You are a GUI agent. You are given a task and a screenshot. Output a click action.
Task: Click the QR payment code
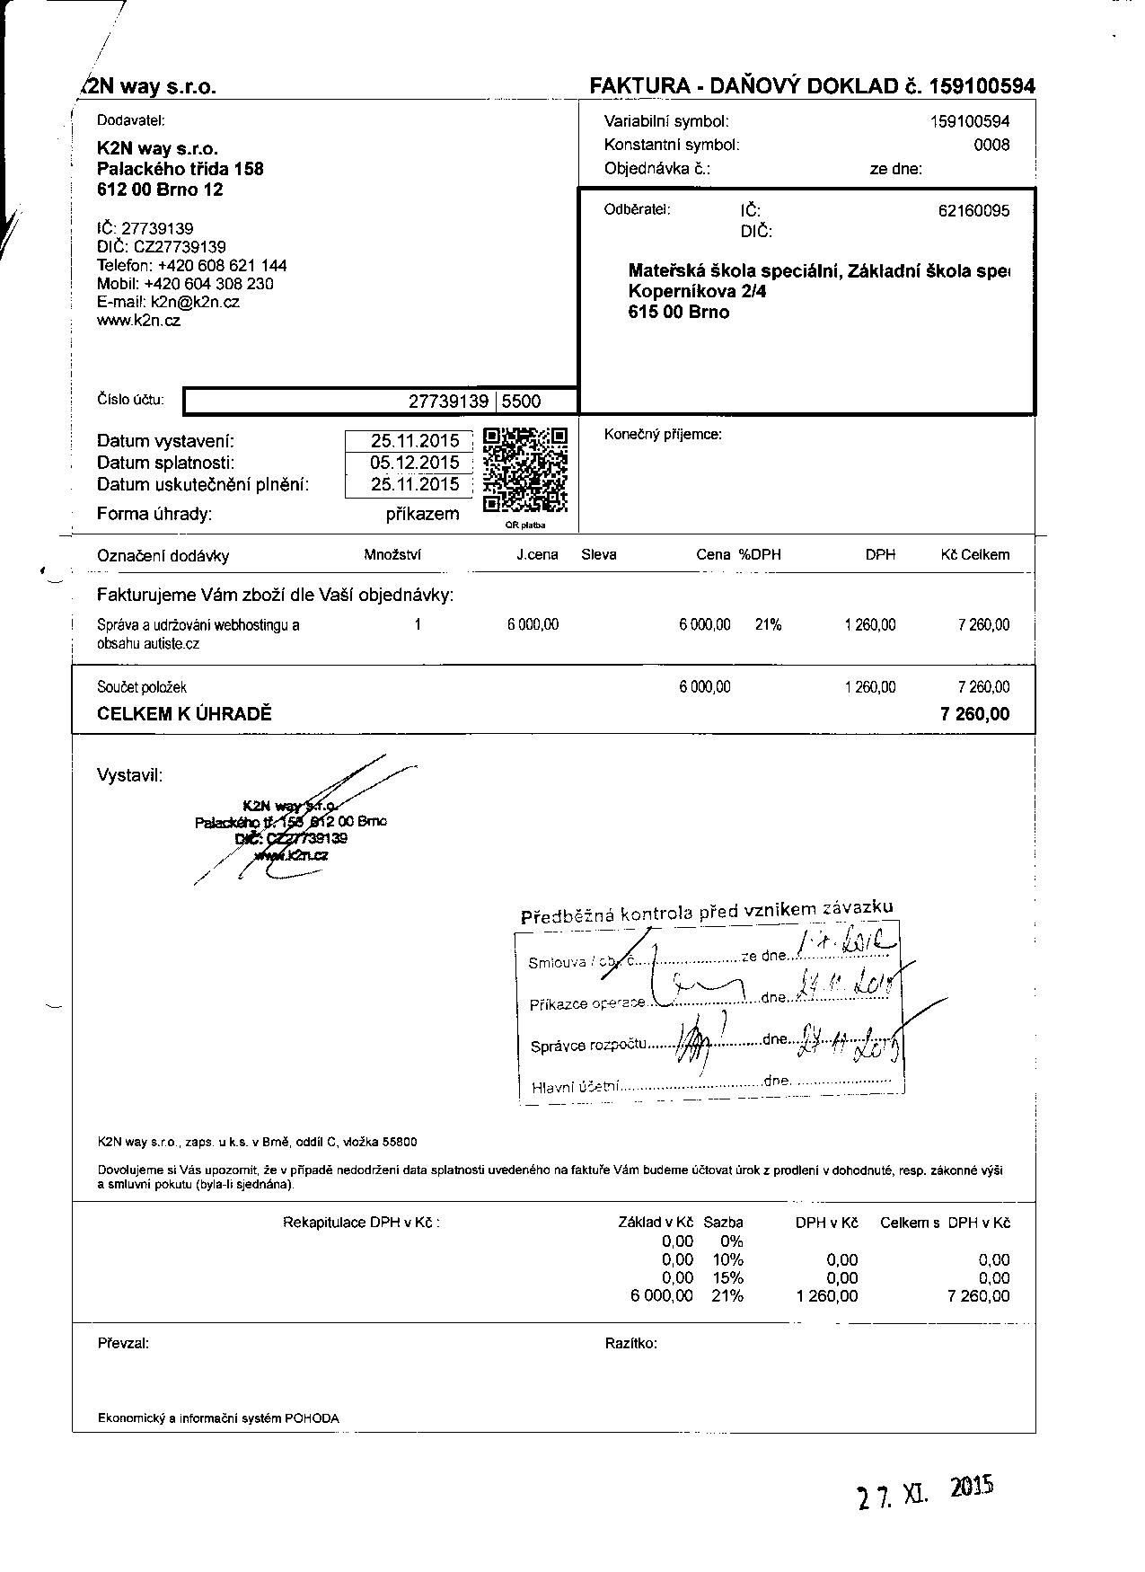pyautogui.click(x=525, y=470)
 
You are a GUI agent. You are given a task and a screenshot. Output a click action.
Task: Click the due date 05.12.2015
pyautogui.click(x=415, y=463)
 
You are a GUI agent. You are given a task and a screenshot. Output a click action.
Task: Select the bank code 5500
pyautogui.click(x=522, y=402)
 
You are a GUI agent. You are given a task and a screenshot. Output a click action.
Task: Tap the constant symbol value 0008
pyautogui.click(x=991, y=145)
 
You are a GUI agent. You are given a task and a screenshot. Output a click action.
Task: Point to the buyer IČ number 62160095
pyautogui.click(x=973, y=211)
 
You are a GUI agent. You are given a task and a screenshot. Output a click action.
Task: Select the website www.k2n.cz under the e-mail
pyautogui.click(x=138, y=321)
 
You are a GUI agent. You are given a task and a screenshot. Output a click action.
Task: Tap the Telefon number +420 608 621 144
pyautogui.click(x=222, y=265)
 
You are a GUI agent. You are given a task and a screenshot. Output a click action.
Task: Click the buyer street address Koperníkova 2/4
pyautogui.click(x=698, y=292)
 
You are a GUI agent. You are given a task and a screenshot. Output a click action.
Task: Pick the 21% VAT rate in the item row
pyautogui.click(x=768, y=624)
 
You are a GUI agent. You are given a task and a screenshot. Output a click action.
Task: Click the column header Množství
pyautogui.click(x=392, y=554)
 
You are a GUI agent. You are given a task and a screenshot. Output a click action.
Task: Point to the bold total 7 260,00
pyautogui.click(x=974, y=715)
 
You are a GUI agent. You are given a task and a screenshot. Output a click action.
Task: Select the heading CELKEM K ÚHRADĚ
pyautogui.click(x=184, y=715)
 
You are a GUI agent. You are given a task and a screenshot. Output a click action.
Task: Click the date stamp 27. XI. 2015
pyautogui.click(x=925, y=1494)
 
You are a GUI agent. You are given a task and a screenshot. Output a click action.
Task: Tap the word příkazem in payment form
pyautogui.click(x=422, y=514)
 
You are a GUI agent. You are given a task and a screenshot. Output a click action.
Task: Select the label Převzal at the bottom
pyautogui.click(x=123, y=1344)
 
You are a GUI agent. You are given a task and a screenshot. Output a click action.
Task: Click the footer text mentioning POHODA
pyautogui.click(x=218, y=1418)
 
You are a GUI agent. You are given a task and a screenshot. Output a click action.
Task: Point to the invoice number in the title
pyautogui.click(x=982, y=86)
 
